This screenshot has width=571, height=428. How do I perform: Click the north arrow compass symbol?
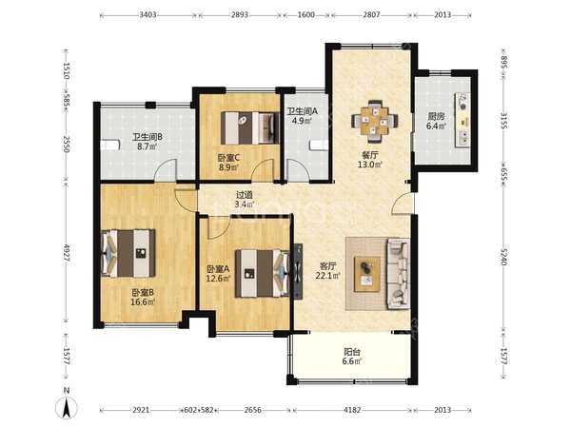(66, 408)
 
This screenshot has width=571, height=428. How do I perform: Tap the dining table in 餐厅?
(374, 121)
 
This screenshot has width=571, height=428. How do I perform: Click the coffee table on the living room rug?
(367, 274)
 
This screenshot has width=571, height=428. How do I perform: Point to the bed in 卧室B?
(128, 253)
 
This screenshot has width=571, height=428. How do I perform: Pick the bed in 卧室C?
(249, 127)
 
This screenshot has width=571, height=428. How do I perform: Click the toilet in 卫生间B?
(109, 146)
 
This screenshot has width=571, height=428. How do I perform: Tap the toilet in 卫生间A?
(320, 145)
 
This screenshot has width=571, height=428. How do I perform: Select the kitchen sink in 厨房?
(463, 138)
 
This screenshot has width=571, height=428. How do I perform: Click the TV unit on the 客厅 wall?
(298, 271)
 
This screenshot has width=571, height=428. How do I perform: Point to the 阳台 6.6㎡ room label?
(352, 357)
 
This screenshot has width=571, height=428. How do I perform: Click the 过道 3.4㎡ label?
(244, 200)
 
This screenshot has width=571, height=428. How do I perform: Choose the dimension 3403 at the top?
(148, 15)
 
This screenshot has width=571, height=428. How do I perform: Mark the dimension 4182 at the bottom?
(352, 410)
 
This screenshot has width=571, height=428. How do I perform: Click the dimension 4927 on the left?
(67, 252)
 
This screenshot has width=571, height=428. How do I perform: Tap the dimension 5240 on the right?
(503, 257)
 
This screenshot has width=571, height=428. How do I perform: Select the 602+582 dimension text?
(199, 410)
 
